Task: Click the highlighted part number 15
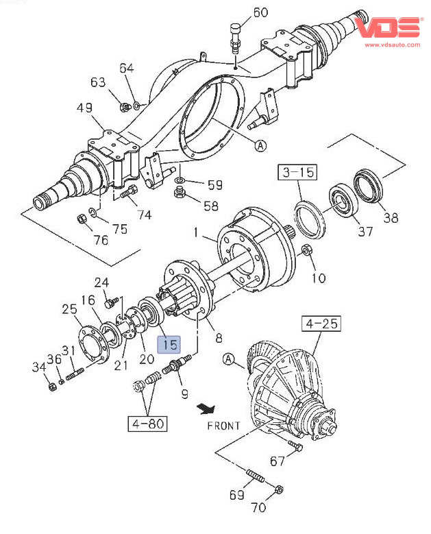(x=169, y=344)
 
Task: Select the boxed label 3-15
(x=297, y=171)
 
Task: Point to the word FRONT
(x=223, y=426)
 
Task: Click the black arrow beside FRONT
(x=204, y=410)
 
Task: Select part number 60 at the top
(x=261, y=12)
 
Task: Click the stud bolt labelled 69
(x=254, y=476)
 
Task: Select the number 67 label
(x=277, y=460)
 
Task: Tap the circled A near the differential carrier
(x=228, y=359)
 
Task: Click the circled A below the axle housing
(x=261, y=145)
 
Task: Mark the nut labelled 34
(x=53, y=387)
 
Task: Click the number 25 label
(x=70, y=309)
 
